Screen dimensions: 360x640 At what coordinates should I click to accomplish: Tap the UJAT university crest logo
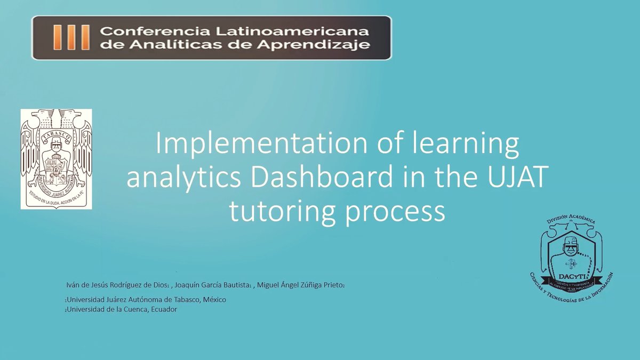click(56, 158)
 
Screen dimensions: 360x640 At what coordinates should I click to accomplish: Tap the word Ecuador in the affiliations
click(163, 309)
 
